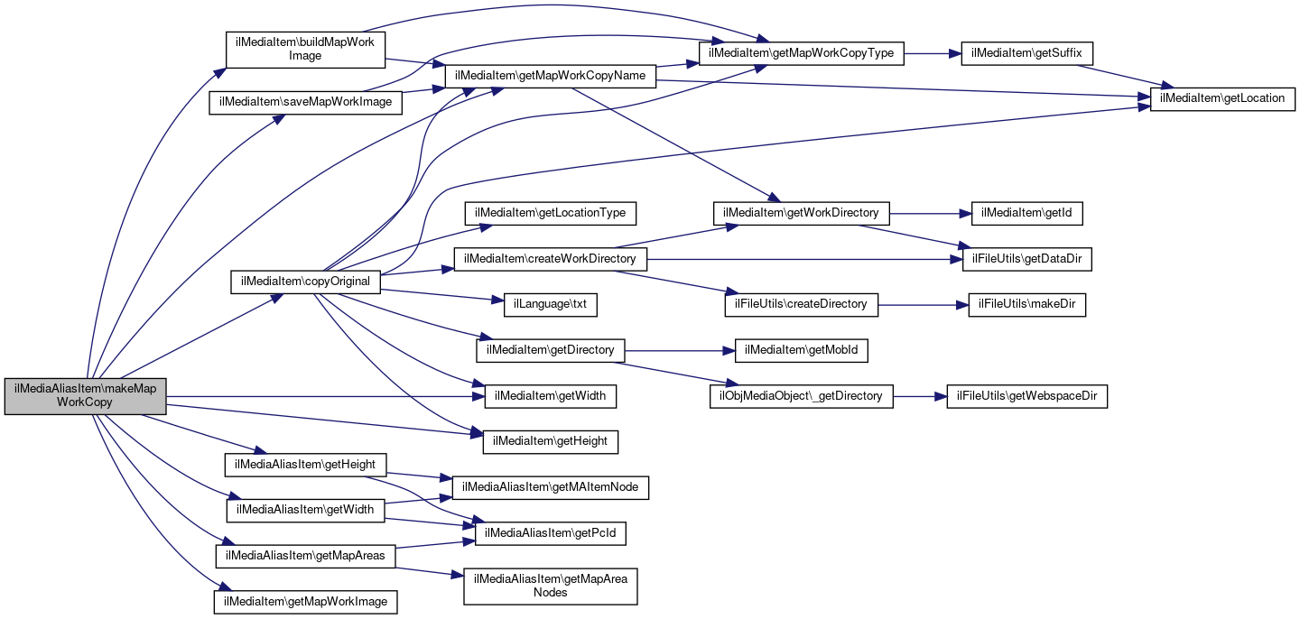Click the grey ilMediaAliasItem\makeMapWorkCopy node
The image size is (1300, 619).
[x=86, y=395]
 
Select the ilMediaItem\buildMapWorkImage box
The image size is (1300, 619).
[x=305, y=49]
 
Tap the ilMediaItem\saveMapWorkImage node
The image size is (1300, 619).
[x=305, y=102]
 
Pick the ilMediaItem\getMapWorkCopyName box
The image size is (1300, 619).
[x=550, y=76]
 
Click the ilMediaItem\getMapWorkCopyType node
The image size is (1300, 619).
[x=802, y=53]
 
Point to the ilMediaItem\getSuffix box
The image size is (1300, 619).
[x=1027, y=53]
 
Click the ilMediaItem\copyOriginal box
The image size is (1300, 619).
[x=306, y=282]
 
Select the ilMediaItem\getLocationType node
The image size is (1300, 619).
[x=551, y=213]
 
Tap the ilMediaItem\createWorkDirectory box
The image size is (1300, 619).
[x=551, y=259]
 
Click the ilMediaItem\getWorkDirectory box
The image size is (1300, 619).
[x=802, y=213]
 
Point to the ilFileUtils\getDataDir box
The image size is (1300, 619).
[x=1026, y=259]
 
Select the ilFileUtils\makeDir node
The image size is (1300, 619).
[x=1026, y=304]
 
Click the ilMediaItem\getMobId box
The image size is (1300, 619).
[x=802, y=350]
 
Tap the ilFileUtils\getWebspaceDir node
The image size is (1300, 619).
[x=1026, y=396]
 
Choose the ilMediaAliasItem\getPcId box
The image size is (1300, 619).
[x=551, y=533]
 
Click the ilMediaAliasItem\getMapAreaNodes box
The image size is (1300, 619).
[x=551, y=585]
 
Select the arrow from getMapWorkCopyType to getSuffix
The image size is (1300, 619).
[x=930, y=53]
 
